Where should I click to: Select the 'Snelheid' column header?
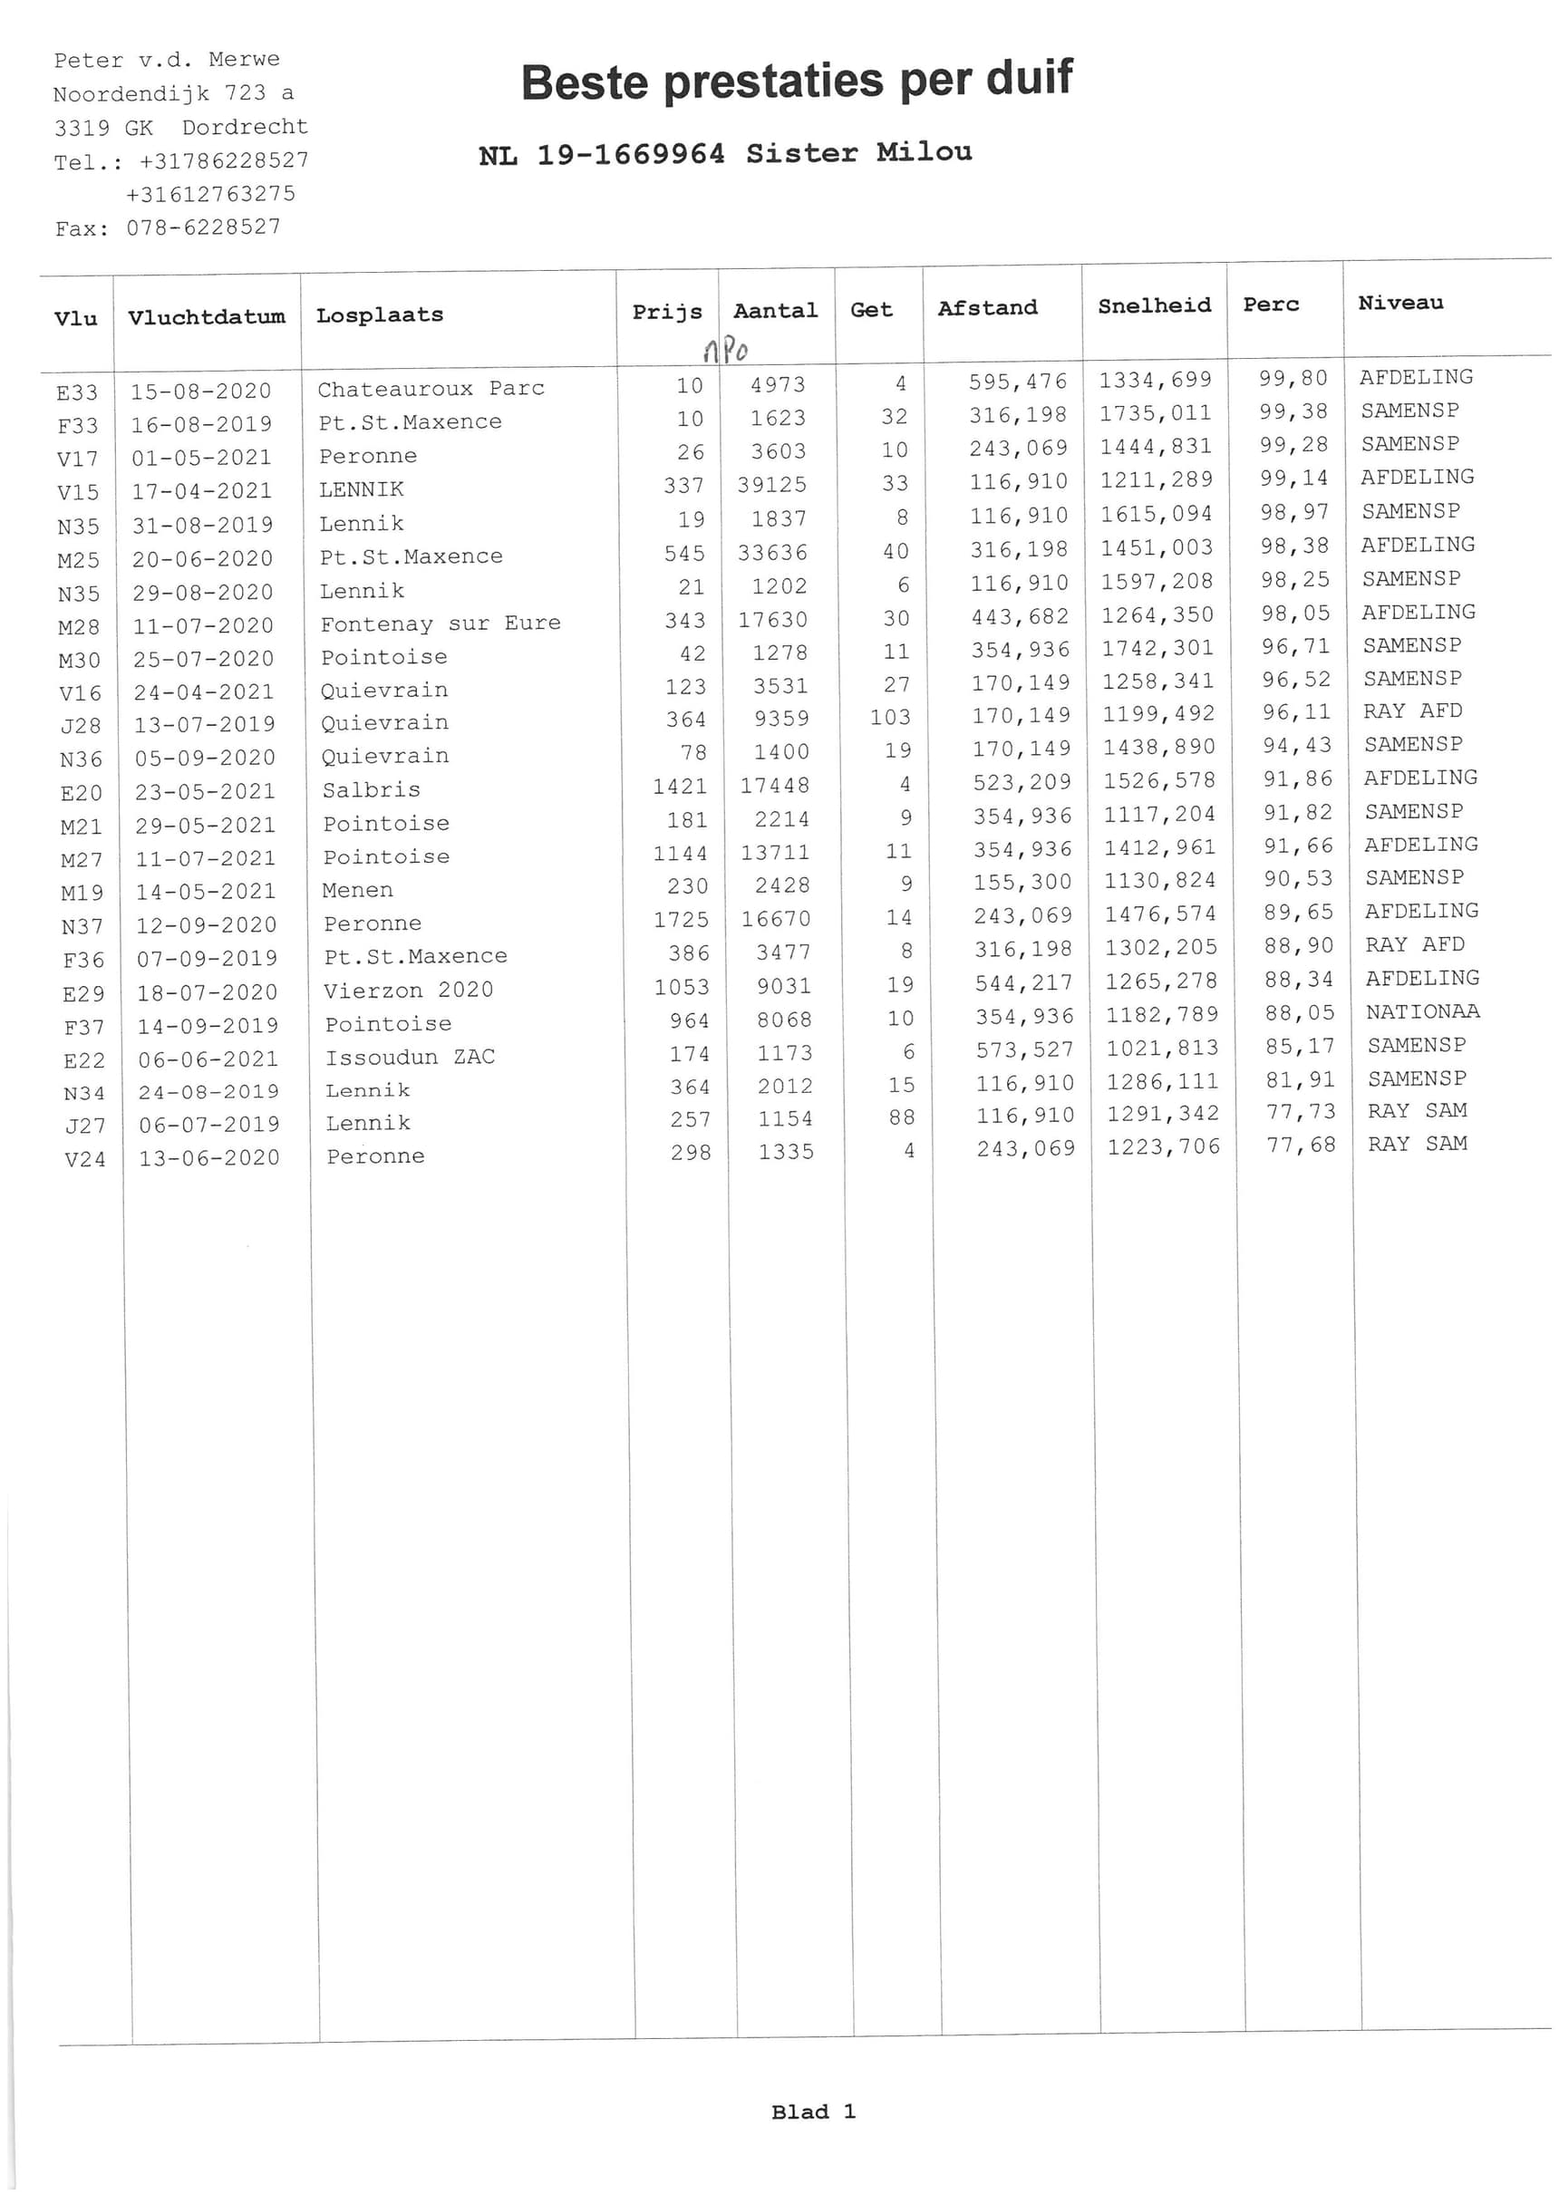1154,306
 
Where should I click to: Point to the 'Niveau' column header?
1399,304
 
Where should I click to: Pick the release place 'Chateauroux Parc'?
431,389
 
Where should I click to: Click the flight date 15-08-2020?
200,391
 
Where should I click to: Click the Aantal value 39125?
772,486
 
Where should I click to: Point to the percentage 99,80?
1293,379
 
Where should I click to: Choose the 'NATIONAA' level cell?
1423,1011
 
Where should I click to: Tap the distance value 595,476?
1018,382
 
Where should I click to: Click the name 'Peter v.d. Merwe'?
167,60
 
